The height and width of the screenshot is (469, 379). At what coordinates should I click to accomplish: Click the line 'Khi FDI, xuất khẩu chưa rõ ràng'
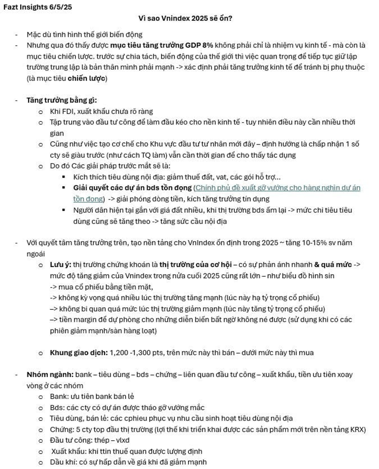(101, 112)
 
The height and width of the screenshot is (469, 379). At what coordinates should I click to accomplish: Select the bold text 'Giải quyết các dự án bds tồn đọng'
(133, 188)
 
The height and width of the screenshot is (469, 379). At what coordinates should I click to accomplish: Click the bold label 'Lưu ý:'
(60, 265)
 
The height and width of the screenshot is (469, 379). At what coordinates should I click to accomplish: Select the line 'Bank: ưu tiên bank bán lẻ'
(92, 397)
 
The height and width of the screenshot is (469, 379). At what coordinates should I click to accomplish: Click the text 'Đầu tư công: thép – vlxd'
(89, 440)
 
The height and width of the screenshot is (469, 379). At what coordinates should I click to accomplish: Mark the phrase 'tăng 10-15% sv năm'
(324, 243)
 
